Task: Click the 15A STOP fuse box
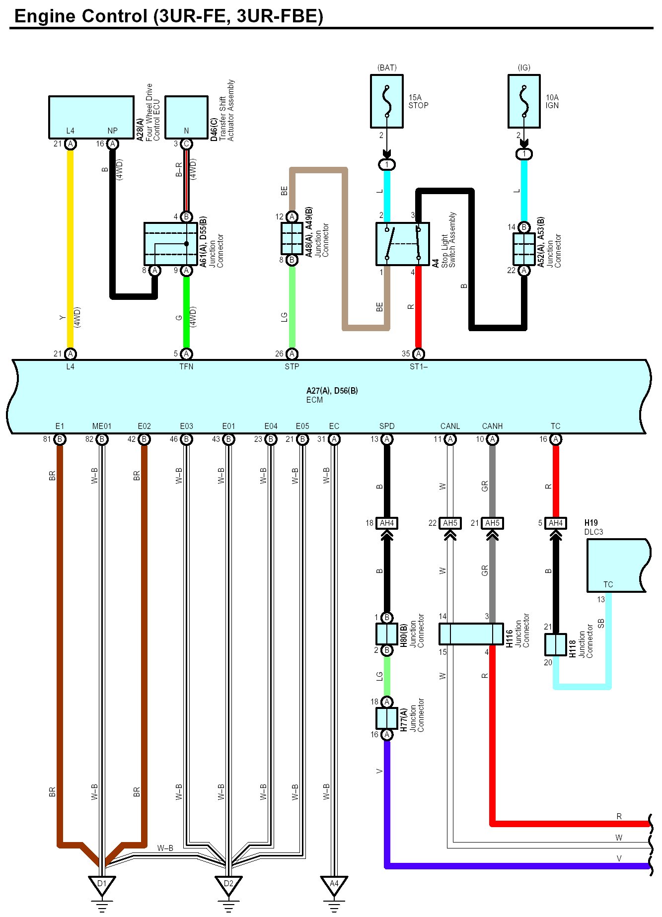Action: [386, 101]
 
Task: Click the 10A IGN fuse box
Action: [524, 101]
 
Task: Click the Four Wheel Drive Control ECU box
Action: [91, 117]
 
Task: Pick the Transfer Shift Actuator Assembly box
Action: [186, 117]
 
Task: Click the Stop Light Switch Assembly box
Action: [402, 244]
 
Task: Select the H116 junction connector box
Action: [471, 634]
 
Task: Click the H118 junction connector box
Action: [556, 645]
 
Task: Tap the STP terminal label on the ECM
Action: [292, 366]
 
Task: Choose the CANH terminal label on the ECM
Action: [492, 426]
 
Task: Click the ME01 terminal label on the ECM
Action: [102, 426]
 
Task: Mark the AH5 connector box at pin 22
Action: [450, 523]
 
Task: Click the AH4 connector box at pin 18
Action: [387, 523]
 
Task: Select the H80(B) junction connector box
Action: [387, 634]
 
